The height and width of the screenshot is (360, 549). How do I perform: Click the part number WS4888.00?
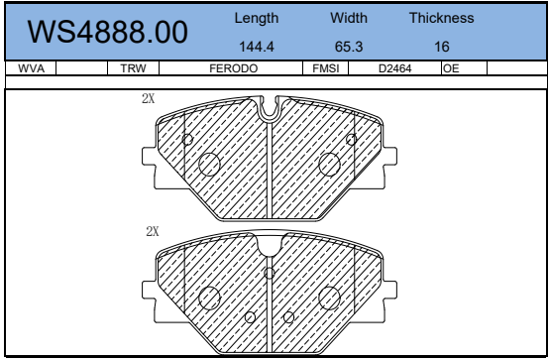coord(107,32)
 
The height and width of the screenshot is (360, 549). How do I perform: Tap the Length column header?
coord(257,19)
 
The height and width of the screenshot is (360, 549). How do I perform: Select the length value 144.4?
coord(257,47)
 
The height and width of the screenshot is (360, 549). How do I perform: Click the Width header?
coord(349,18)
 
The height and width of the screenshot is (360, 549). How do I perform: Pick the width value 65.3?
coord(349,47)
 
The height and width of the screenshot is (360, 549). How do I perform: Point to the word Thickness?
coord(442,18)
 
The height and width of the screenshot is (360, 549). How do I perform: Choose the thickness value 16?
coord(442,47)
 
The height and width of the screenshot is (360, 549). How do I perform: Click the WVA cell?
coord(31,68)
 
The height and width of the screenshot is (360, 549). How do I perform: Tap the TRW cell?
coord(133,68)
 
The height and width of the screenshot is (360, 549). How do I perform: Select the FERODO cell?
coord(234,68)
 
